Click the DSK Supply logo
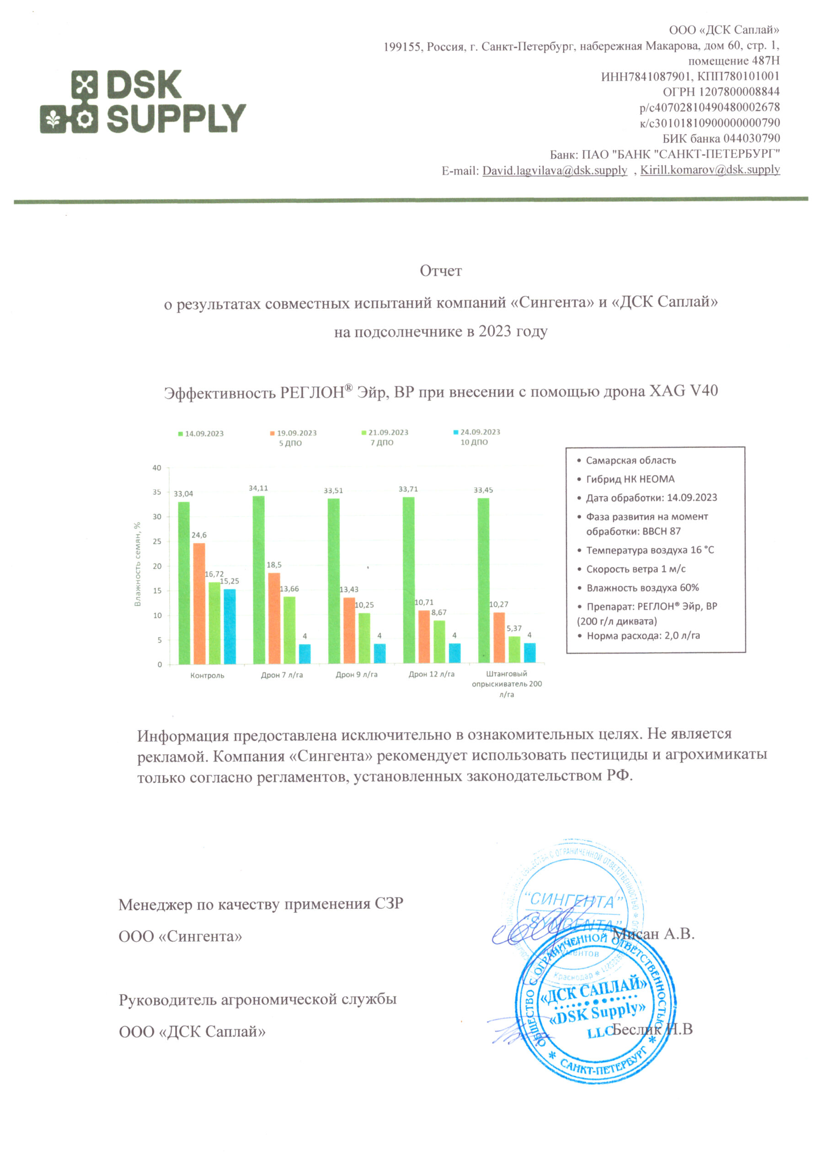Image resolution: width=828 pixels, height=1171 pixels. (143, 102)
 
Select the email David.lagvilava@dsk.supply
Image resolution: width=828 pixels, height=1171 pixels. (555, 170)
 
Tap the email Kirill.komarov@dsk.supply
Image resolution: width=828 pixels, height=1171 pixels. (710, 169)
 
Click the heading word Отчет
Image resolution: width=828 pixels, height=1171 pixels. (440, 271)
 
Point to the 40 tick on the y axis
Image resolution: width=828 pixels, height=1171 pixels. (156, 467)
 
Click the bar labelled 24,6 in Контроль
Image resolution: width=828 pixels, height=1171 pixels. (199, 603)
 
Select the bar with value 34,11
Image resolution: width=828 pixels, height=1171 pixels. (258, 580)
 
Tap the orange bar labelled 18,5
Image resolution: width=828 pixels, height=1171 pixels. (274, 618)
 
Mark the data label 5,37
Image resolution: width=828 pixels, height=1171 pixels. (514, 628)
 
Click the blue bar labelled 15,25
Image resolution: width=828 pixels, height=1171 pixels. (230, 626)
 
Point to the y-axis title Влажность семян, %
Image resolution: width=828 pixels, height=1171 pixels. (137, 564)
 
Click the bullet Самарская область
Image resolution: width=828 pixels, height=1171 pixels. (630, 461)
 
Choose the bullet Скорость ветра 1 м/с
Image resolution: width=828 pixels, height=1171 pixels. (636, 569)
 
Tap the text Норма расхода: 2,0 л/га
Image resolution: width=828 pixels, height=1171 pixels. (643, 635)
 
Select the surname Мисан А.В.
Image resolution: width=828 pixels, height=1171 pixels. (654, 934)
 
